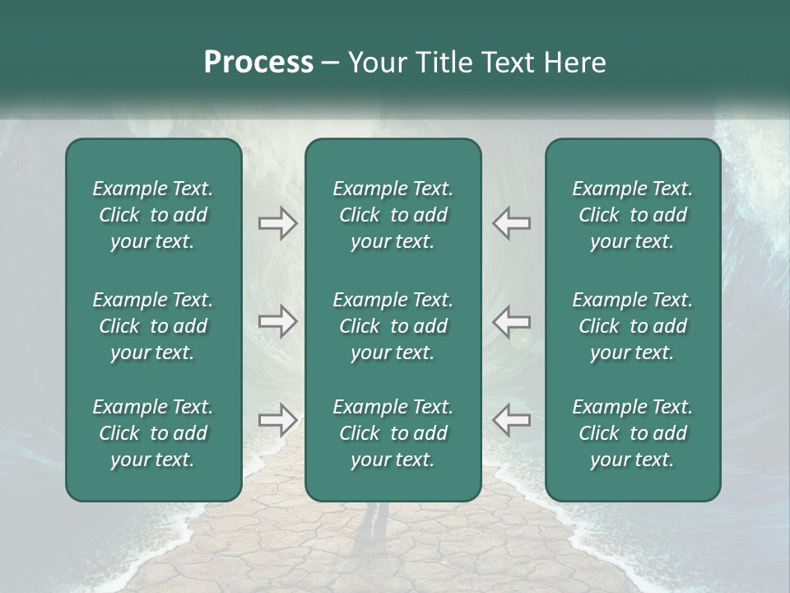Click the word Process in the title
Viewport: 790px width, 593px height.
[x=258, y=63]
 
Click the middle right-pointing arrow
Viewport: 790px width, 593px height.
[x=278, y=322]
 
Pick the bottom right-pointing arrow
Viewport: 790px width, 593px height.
[x=278, y=421]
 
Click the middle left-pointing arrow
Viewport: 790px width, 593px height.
[x=511, y=322]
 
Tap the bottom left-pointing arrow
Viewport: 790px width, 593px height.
[x=511, y=421]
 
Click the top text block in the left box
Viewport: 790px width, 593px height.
[x=153, y=215]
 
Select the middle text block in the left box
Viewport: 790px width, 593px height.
[x=153, y=326]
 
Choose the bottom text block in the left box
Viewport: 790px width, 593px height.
[x=153, y=433]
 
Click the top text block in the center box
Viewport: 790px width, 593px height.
[x=393, y=215]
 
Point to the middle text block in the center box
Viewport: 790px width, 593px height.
[x=393, y=326]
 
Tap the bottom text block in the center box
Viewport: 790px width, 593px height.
[x=393, y=433]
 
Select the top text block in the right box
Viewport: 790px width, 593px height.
[x=633, y=215]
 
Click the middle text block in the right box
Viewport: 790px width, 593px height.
[x=633, y=326]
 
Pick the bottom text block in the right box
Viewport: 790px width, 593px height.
[x=633, y=433]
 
